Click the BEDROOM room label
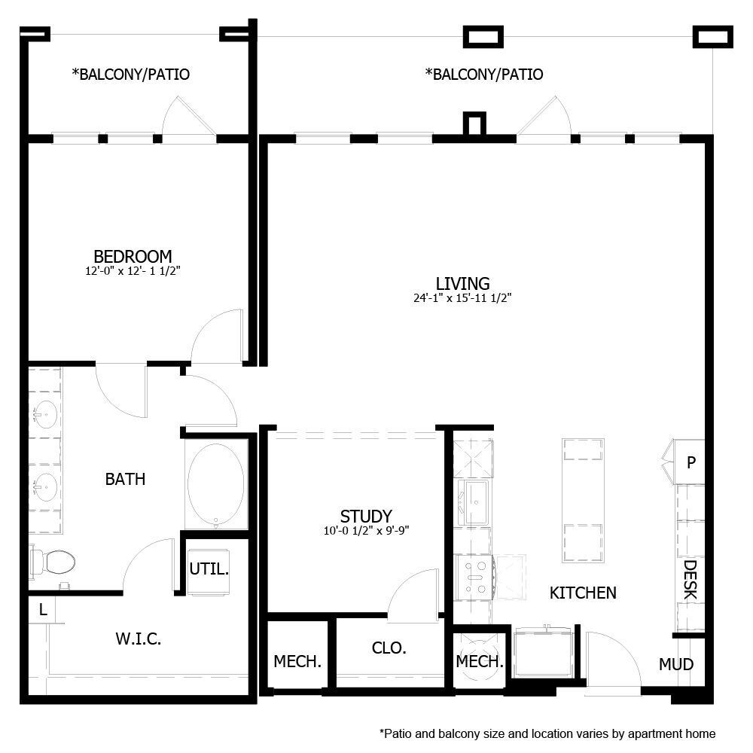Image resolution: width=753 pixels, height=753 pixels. pyautogui.click(x=133, y=256)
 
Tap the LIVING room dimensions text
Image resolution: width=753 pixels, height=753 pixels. pyautogui.click(x=462, y=297)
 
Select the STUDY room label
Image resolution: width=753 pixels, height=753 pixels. pyautogui.click(x=366, y=516)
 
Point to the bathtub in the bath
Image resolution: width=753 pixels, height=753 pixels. pyautogui.click(x=216, y=483)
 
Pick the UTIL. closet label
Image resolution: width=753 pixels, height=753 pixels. pyautogui.click(x=209, y=569)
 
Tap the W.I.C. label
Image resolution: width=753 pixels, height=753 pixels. pyautogui.click(x=139, y=639)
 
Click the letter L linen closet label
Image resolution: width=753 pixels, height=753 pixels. pyautogui.click(x=43, y=611)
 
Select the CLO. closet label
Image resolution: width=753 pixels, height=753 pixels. pyautogui.click(x=389, y=648)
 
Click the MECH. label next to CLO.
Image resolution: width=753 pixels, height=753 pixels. pyautogui.click(x=297, y=662)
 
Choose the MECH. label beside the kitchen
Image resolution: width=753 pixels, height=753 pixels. pyautogui.click(x=480, y=662)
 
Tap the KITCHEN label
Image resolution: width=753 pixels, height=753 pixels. pyautogui.click(x=583, y=593)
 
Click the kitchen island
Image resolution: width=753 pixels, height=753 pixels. pyautogui.click(x=583, y=500)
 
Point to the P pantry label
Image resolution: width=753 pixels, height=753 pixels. pyautogui.click(x=691, y=462)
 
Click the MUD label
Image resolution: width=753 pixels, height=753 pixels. pyautogui.click(x=675, y=664)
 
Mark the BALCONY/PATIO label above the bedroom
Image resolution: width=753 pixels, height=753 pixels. pyautogui.click(x=130, y=75)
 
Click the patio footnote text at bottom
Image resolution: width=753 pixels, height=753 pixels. pyautogui.click(x=547, y=733)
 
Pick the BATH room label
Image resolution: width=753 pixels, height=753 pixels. pyautogui.click(x=125, y=479)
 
